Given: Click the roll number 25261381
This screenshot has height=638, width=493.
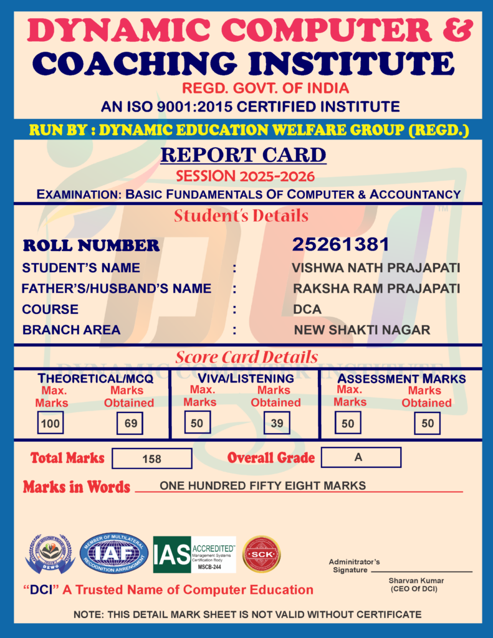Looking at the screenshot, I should coord(340,244).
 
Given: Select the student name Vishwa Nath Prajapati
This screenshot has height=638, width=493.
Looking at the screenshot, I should coord(376,268).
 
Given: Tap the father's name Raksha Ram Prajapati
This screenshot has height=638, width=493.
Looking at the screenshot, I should coord(376,288).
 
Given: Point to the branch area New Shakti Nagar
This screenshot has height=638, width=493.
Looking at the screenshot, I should coord(362,330).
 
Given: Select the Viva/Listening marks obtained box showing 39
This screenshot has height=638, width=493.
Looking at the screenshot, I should coord(277,424).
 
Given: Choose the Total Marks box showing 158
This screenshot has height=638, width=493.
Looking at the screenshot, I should coord(152,459).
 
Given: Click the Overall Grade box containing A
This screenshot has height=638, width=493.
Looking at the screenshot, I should coord(361,457).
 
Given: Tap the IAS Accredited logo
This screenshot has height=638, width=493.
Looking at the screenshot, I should coord(194,555).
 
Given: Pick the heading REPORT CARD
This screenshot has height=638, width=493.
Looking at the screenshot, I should coord(243,155).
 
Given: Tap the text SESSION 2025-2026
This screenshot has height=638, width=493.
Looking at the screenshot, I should coord(245,176).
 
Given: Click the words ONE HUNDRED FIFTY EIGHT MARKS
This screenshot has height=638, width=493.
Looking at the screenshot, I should coord(262,485).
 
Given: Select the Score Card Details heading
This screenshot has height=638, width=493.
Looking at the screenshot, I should coord(246,358).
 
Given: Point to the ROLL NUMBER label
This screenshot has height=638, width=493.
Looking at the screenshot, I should coord(91,245).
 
